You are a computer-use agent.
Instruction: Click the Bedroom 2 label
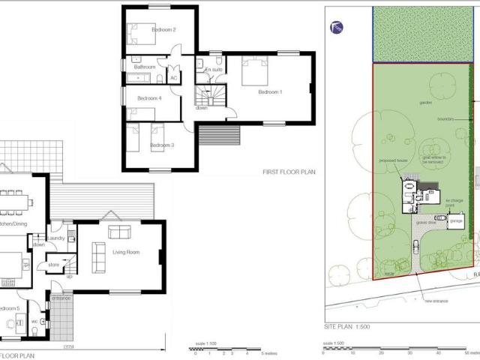coord(163,30)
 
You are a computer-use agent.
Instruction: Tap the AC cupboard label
coord(173,78)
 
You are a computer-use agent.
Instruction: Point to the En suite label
coord(212,69)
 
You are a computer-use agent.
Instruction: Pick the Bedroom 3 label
coord(162,145)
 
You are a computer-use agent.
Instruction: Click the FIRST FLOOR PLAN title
coord(289,172)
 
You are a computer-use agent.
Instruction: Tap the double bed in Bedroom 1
coord(253,73)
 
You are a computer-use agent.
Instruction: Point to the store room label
coord(52,264)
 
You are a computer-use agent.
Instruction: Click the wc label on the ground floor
coord(34,322)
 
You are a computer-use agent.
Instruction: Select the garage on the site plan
coord(456,221)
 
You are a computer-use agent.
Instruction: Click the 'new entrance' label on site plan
coord(436,301)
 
